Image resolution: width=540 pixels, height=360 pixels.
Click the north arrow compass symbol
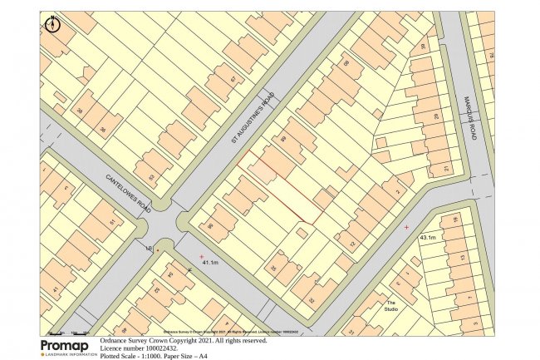point(53,23)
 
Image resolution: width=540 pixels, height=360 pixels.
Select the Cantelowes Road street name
point(127,193)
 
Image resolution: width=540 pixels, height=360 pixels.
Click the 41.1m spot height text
point(210,263)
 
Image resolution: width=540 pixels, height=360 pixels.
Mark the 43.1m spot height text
point(428,238)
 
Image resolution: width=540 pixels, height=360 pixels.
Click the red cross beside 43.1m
point(406,227)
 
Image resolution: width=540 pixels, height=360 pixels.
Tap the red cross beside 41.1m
point(201,255)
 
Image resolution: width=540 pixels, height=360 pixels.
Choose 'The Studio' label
point(390,307)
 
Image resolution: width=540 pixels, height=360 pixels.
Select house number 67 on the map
point(233,80)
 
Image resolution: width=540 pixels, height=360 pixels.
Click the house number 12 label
point(352,244)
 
